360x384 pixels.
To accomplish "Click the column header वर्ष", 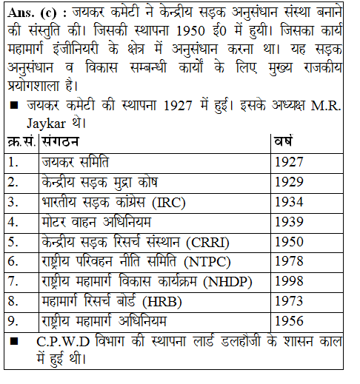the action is pos(284,141).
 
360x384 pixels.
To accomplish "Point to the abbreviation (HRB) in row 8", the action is pos(162,301).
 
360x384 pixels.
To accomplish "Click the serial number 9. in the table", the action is pos(14,321).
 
